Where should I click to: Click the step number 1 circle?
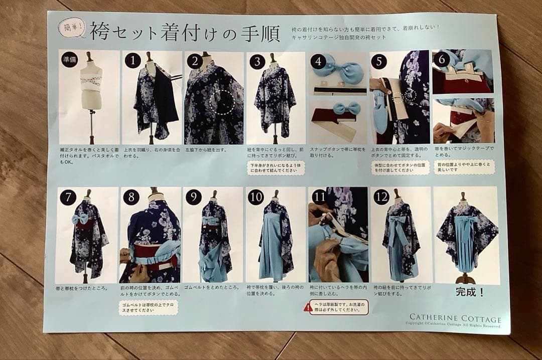click(132, 61)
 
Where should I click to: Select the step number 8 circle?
click(131, 197)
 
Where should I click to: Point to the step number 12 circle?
click(381, 197)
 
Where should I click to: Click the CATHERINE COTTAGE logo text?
click(455, 318)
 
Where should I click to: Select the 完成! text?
click(470, 292)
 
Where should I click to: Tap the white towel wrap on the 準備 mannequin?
click(91, 82)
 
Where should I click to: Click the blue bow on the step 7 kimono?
click(81, 219)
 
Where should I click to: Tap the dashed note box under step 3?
click(276, 167)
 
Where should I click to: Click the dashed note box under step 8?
click(149, 307)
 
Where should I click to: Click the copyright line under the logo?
click(453, 324)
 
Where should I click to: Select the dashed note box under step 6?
click(464, 167)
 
